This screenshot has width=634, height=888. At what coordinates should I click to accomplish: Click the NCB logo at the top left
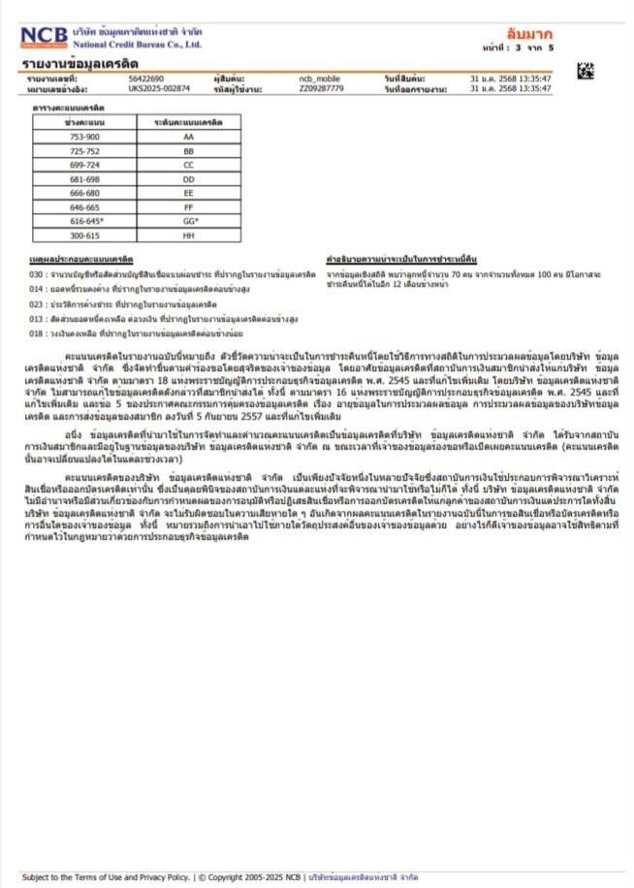[45, 38]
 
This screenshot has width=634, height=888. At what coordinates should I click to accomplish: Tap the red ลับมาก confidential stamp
[529, 34]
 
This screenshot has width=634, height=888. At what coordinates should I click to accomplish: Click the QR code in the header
[585, 70]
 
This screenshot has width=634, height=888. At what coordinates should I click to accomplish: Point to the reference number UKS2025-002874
[159, 88]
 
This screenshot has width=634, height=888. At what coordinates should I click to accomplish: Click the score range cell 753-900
[84, 138]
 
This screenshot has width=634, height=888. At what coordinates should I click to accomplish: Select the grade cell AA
[188, 138]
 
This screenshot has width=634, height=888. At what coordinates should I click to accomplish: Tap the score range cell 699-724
[84, 166]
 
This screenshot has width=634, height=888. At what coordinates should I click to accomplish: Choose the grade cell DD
[188, 179]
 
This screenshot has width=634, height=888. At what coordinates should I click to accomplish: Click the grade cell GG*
[188, 221]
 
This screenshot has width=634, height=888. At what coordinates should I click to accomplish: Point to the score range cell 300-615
[84, 235]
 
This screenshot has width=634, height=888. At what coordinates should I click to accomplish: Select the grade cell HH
[188, 235]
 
